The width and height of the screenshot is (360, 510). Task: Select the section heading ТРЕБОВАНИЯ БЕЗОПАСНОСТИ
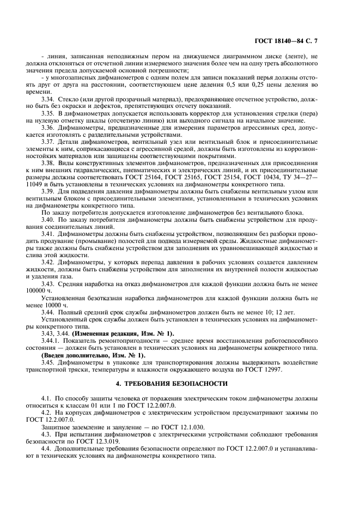click(x=180, y=384)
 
